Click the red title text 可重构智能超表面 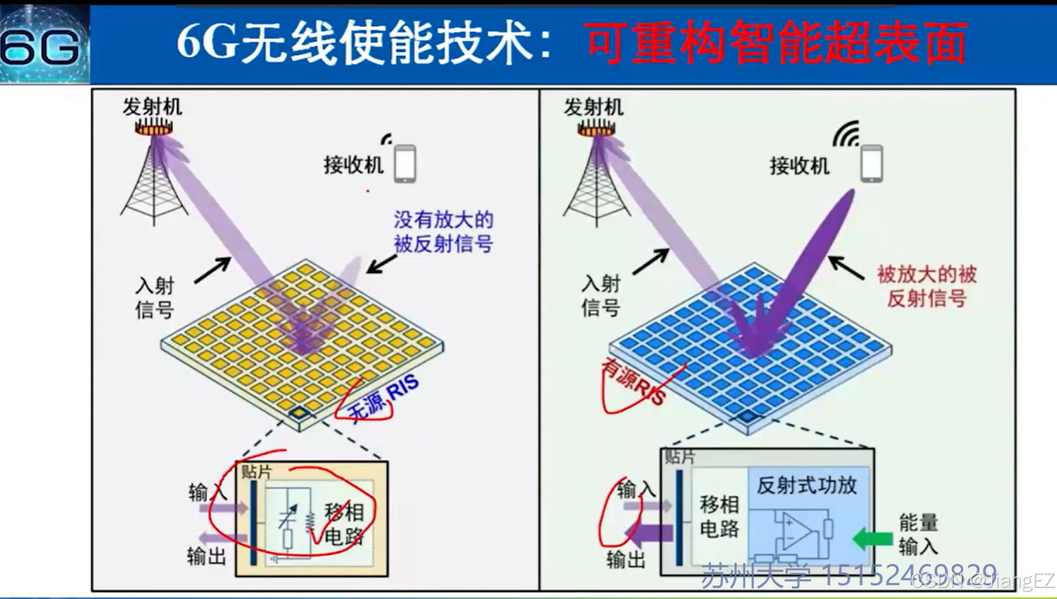[775, 43]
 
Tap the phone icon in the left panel [405, 163]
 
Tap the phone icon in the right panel [871, 164]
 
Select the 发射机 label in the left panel [152, 107]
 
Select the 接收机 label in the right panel [799, 166]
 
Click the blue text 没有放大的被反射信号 [443, 232]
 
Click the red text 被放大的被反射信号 [926, 286]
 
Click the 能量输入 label [918, 534]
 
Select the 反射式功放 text [806, 485]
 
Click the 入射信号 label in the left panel [155, 298]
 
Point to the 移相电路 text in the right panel [719, 516]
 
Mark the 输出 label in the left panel [207, 556]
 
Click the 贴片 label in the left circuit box [256, 471]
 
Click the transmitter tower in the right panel [596, 178]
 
